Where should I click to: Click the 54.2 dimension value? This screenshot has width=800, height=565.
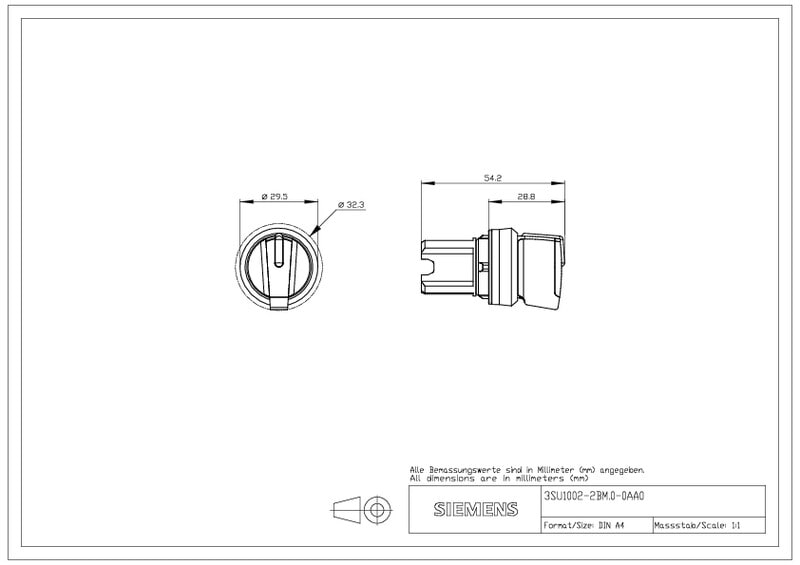point(493,178)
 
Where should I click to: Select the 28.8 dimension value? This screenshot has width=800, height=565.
point(526,196)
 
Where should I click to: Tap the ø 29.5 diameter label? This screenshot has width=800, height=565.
point(274,196)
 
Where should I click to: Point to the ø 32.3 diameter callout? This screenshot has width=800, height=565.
point(352,205)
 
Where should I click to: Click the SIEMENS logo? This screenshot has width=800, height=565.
point(476,509)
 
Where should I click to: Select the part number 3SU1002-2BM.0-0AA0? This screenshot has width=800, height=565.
point(594,496)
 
